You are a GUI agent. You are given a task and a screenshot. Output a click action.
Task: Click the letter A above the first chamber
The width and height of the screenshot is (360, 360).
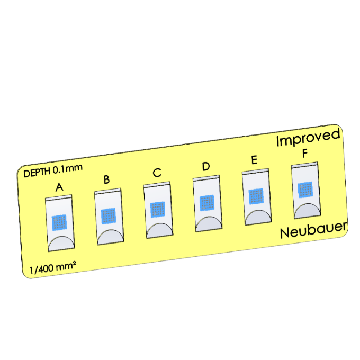click(59, 187)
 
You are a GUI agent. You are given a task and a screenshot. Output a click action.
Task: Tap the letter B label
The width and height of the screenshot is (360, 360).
click(106, 179)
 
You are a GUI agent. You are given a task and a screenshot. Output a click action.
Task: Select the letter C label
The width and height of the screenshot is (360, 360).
click(157, 173)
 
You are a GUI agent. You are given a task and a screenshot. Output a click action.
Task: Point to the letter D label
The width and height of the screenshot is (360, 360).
click(205, 166)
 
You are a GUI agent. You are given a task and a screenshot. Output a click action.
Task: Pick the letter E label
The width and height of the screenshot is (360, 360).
click(254, 160)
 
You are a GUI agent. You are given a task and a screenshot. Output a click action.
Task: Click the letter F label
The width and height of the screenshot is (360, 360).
click(304, 154)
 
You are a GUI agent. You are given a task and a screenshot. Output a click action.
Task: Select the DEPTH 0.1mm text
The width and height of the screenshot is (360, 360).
click(52, 170)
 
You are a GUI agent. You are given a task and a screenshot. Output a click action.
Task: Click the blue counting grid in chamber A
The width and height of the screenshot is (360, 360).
click(59, 222)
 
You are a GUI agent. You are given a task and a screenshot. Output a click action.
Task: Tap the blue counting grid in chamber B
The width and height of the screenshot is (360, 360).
click(109, 215)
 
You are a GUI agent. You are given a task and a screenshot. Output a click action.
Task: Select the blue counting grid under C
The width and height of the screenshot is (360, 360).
click(158, 209)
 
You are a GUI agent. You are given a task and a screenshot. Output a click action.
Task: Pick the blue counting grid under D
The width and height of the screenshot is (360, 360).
click(207, 202)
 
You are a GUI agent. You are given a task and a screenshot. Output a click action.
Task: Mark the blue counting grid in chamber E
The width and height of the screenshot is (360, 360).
click(256, 196)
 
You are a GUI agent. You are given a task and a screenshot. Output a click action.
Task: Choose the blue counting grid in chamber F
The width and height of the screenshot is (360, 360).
click(305, 190)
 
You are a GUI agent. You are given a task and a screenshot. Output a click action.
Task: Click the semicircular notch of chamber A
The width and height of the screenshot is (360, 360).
click(61, 244)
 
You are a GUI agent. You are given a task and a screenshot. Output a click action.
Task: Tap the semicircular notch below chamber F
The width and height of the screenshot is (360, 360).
click(307, 211)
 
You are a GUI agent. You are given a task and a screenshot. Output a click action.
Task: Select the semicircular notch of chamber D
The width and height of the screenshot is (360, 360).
click(209, 224)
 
